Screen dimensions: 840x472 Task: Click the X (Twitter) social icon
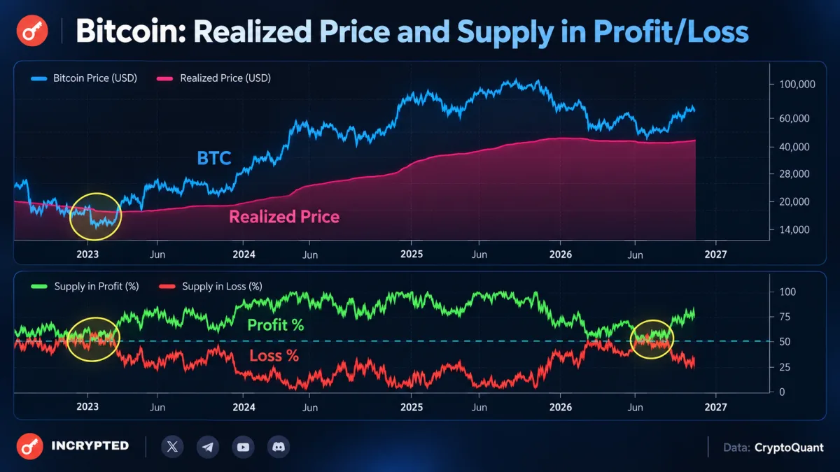point(172,447)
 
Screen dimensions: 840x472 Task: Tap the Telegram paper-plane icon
point(208,447)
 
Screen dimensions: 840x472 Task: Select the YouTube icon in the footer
point(243,447)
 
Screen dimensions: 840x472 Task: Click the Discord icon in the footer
point(279,447)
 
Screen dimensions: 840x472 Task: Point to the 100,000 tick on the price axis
point(797,85)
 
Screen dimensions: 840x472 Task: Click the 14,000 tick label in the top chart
point(794,229)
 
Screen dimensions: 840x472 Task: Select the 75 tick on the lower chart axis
point(785,317)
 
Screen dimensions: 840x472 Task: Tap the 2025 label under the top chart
point(412,255)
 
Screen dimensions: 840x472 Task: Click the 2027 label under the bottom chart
point(715,407)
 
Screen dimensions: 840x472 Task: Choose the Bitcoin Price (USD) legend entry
point(84,78)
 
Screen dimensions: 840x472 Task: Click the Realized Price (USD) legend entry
point(213,78)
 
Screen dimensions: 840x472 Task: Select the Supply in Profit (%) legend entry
point(85,287)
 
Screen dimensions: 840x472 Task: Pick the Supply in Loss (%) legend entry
point(211,287)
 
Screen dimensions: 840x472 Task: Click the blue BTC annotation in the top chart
point(214,158)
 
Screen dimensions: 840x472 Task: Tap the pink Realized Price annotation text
point(284,217)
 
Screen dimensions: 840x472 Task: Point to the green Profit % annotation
point(276,324)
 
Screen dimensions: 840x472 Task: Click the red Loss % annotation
point(274,356)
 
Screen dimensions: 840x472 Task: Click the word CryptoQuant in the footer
point(789,448)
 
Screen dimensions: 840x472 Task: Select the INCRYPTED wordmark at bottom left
point(90,446)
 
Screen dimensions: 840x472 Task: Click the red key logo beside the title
point(32,31)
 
